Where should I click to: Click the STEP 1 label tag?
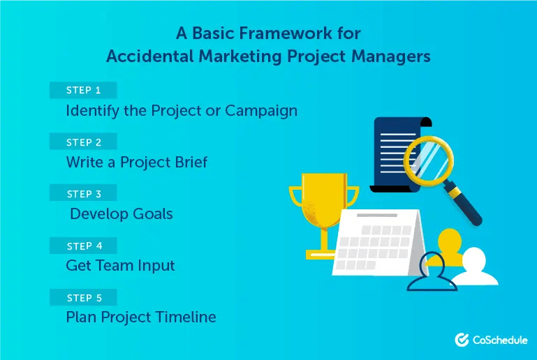(x=83, y=90)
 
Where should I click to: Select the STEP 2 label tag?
(x=83, y=142)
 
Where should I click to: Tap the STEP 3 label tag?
(x=83, y=194)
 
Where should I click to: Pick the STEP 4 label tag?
(x=83, y=246)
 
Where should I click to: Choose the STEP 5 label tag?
(x=83, y=298)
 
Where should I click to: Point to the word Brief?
(x=186, y=163)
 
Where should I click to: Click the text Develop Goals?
(x=122, y=214)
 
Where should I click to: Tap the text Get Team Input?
(x=120, y=266)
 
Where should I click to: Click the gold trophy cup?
(x=323, y=206)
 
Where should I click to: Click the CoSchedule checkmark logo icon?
(x=462, y=340)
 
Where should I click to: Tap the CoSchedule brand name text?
(x=499, y=340)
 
